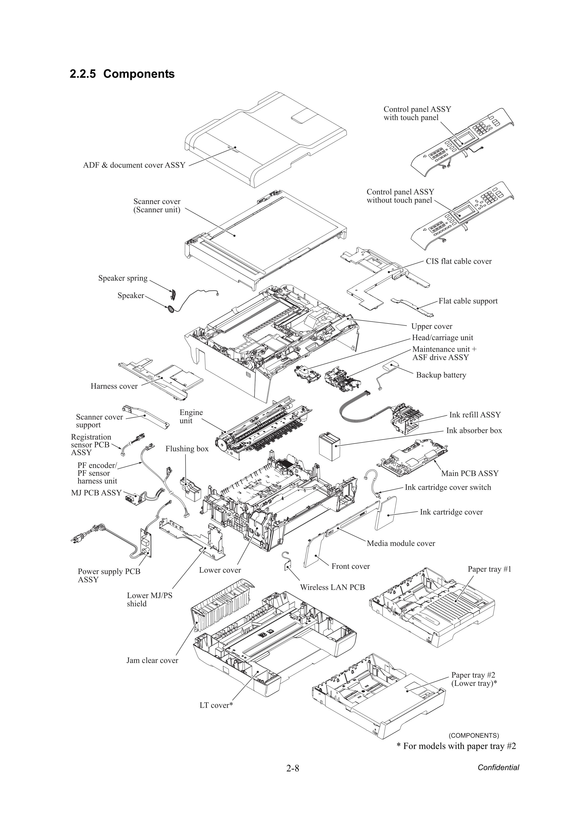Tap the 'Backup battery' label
(441, 375)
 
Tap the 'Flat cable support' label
(468, 301)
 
